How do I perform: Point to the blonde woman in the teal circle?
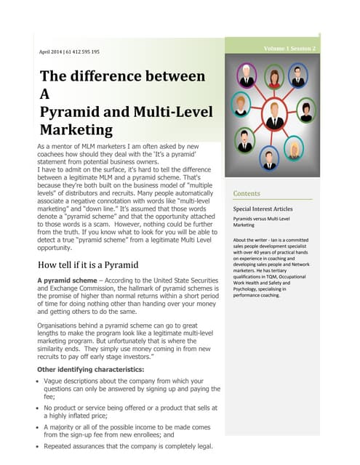click(295, 148)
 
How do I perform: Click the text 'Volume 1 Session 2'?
click(290, 49)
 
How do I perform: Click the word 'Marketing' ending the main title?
click(76, 131)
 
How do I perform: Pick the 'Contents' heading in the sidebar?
click(247, 194)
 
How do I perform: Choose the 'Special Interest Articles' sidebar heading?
click(263, 209)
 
